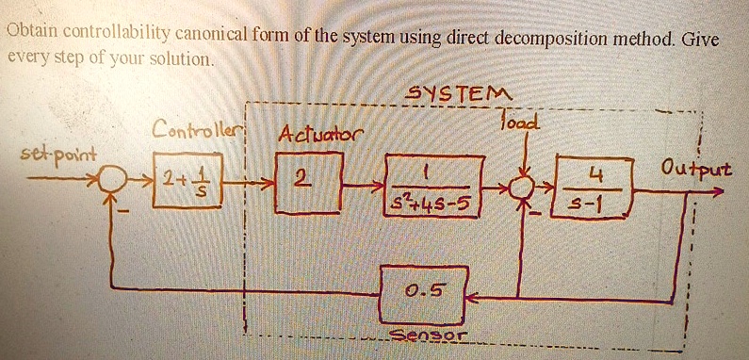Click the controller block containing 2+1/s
click(x=187, y=181)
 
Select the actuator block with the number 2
click(x=309, y=182)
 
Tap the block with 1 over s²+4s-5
click(x=434, y=186)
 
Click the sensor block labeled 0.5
click(x=424, y=295)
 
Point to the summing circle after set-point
click(x=112, y=180)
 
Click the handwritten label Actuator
click(x=320, y=135)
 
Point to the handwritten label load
click(x=519, y=123)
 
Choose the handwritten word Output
click(x=695, y=169)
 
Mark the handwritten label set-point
click(x=58, y=155)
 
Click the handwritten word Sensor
click(x=427, y=335)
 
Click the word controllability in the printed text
click(x=117, y=34)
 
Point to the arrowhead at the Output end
click(x=717, y=192)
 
